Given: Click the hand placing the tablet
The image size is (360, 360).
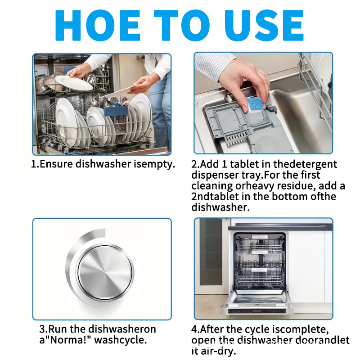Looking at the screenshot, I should coord(245,79).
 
